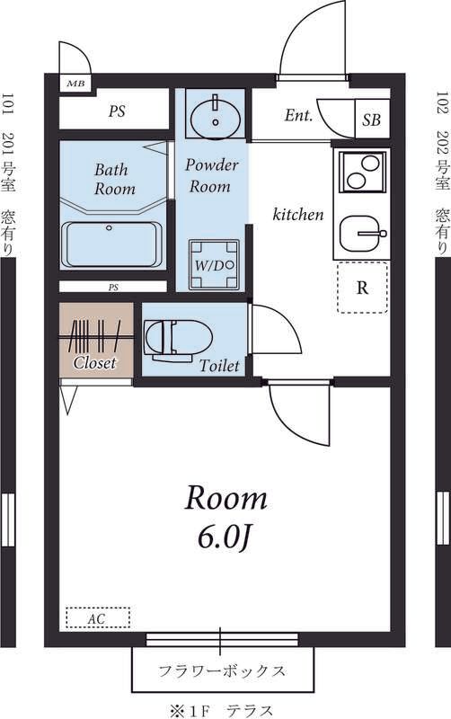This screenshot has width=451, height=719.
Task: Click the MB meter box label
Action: pyautogui.click(x=75, y=84)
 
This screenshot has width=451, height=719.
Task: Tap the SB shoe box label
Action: pyautogui.click(x=371, y=120)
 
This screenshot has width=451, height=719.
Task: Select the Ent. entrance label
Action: pyautogui.click(x=298, y=115)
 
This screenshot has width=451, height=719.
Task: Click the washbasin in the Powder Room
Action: pyautogui.click(x=216, y=118)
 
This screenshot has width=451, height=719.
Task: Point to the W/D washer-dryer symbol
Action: pyautogui.click(x=215, y=264)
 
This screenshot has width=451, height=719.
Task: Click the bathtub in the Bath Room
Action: pyautogui.click(x=111, y=244)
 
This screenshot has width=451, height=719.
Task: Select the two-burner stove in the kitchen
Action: pyautogui.click(x=363, y=172)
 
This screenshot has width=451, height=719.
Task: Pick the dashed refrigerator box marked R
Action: pyautogui.click(x=363, y=288)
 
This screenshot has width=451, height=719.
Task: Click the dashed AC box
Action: pyautogui.click(x=98, y=617)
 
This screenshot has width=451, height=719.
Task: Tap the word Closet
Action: pyautogui.click(x=95, y=363)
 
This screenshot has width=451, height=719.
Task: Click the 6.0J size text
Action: pyautogui.click(x=225, y=537)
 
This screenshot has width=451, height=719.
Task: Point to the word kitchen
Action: pyautogui.click(x=298, y=214)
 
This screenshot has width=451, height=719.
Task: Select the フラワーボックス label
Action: pyautogui.click(x=222, y=671)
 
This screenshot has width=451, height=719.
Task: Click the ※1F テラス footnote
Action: pyautogui.click(x=221, y=711)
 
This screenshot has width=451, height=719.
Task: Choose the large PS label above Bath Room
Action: pyautogui.click(x=117, y=111)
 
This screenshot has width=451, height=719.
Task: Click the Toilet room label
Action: pyautogui.click(x=219, y=366)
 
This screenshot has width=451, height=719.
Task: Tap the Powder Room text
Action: pyautogui.click(x=211, y=175)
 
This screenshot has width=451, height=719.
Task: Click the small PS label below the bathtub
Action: pyautogui.click(x=113, y=288)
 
